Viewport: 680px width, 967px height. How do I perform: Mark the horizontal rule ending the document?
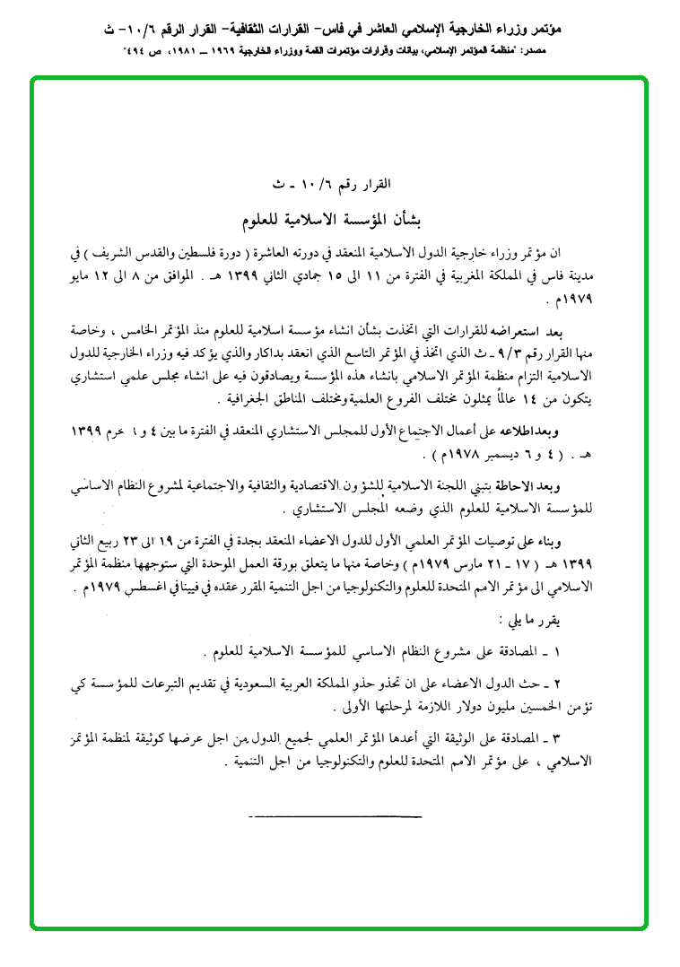point(335,815)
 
